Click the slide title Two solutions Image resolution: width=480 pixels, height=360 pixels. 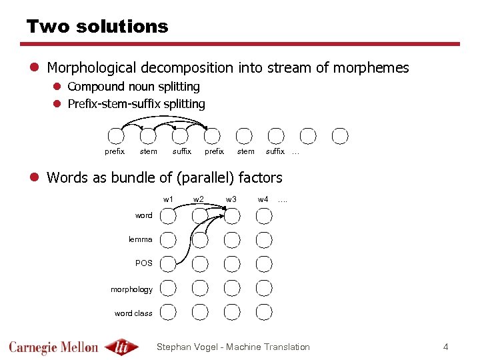tap(97, 27)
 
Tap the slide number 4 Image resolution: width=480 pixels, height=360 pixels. tap(446, 347)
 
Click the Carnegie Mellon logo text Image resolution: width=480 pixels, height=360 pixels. tap(53, 347)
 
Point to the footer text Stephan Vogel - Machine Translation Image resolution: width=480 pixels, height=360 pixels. tap(233, 347)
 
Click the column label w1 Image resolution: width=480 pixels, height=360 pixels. tap(168, 199)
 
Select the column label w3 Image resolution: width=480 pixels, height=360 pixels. tap(231, 199)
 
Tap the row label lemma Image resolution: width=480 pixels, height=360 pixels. tap(140, 239)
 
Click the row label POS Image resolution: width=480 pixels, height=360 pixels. tap(143, 263)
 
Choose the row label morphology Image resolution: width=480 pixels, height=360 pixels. tap(131, 289)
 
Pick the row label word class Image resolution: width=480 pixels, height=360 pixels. tap(133, 313)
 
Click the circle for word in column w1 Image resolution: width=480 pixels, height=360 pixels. tap(168, 216)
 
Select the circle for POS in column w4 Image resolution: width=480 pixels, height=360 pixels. tap(264, 263)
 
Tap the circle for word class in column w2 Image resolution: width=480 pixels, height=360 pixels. tap(200, 311)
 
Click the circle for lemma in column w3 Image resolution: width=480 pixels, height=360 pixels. tap(232, 239)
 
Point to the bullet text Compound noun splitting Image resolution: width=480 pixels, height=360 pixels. tap(133, 87)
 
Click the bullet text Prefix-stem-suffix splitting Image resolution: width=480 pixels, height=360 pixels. tap(136, 104)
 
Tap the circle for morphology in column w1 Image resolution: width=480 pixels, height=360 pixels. tap(168, 288)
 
